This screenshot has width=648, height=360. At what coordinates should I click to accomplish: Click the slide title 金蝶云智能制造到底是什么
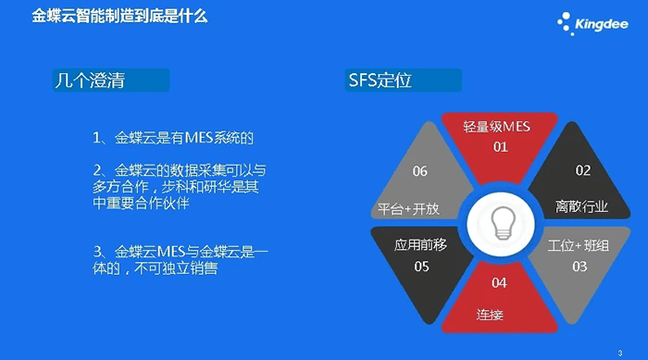[x=119, y=17]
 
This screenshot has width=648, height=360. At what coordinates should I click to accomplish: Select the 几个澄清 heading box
[x=110, y=80]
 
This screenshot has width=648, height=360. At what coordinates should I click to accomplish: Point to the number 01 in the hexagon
[x=500, y=147]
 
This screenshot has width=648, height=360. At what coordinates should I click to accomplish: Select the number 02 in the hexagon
[x=582, y=170]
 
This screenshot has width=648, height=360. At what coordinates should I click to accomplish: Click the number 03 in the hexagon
[x=579, y=267]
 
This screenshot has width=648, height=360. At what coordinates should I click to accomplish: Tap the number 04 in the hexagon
[x=499, y=282]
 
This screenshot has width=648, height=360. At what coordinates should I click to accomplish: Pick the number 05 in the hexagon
[x=420, y=267]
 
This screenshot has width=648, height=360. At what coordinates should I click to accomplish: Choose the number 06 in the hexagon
[x=420, y=171]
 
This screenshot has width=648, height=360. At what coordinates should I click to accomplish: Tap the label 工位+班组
[x=578, y=246]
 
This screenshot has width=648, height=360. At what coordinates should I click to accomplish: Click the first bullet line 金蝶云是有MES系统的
[x=173, y=138]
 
